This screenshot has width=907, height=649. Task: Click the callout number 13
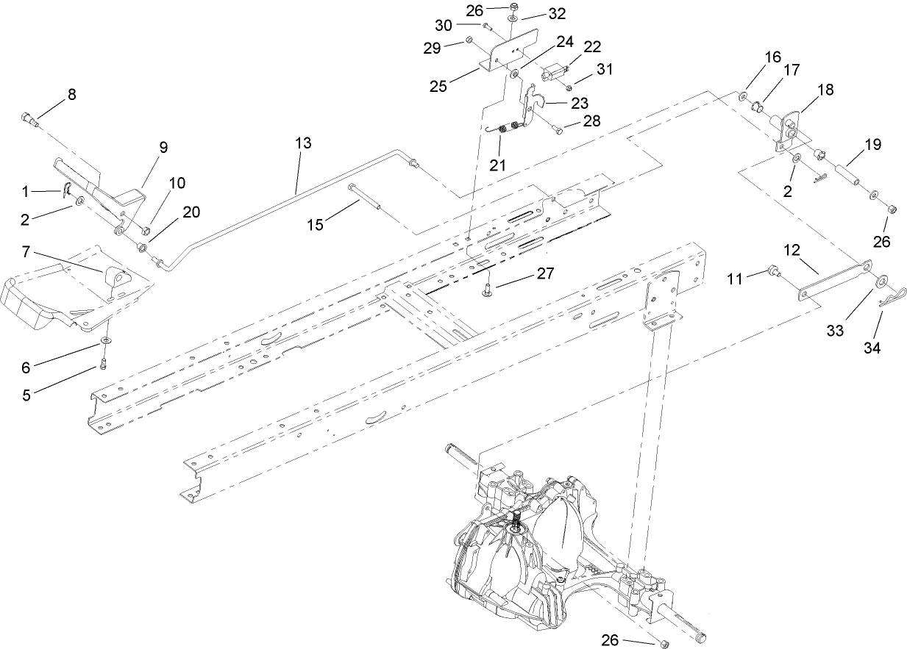[303, 143]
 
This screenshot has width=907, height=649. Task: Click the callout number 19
[872, 144]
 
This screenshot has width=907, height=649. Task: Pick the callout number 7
[26, 253]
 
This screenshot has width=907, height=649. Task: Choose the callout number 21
[499, 164]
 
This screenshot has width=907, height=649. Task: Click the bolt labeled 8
[28, 118]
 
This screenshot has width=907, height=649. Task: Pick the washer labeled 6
[107, 341]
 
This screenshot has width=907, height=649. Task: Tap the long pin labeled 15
[364, 197]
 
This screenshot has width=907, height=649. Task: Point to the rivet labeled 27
[488, 291]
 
